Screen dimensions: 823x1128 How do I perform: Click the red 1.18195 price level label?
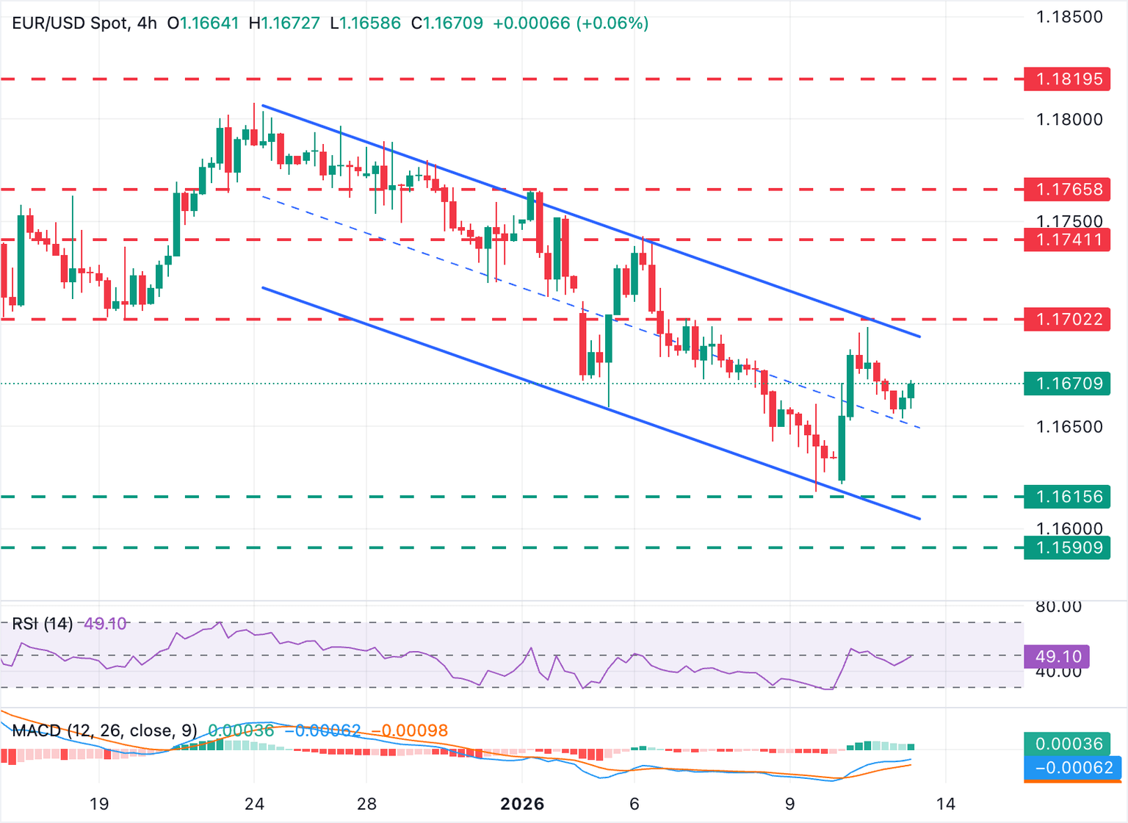[x=1068, y=79]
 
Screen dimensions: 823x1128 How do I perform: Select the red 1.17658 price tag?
[x=1068, y=190]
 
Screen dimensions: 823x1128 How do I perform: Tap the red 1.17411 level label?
[x=1068, y=240]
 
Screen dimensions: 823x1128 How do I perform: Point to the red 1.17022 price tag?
[x=1068, y=319]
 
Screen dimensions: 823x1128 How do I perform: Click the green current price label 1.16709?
[x=1068, y=384]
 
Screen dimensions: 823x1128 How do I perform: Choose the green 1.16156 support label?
[x=1068, y=497]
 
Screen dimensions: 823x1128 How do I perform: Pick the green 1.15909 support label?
[x=1068, y=547]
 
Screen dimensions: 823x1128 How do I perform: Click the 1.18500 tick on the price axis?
[x=1069, y=17]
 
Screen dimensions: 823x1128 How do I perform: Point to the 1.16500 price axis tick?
[x=1069, y=427]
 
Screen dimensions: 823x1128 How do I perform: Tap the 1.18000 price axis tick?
[x=1069, y=119]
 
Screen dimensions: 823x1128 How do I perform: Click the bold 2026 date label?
[x=522, y=804]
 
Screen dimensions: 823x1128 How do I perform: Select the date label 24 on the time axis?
[x=254, y=804]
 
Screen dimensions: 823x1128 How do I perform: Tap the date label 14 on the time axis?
[x=946, y=804]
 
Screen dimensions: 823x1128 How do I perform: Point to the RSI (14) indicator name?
[x=43, y=624]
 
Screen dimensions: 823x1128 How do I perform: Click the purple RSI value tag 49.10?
[x=1057, y=656]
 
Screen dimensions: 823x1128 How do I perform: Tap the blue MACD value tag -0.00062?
[x=1074, y=769]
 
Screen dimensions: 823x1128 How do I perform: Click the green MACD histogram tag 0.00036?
[x=1069, y=744]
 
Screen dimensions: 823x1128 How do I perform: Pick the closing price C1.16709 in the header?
[x=447, y=23]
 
